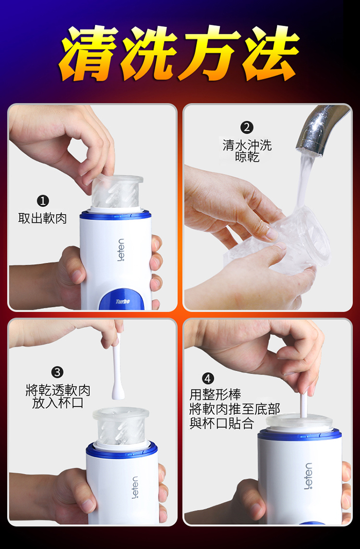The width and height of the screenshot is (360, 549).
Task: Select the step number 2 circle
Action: click(247, 127)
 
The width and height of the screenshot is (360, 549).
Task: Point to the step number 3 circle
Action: click(57, 372)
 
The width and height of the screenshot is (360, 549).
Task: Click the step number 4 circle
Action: click(208, 378)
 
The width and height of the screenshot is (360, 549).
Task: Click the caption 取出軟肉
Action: click(42, 219)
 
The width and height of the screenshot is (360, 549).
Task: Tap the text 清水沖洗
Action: click(247, 145)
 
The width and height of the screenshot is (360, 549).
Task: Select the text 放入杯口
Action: click(58, 402)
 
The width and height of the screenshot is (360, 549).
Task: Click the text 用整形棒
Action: click(215, 395)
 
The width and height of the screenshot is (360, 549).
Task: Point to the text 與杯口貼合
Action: click(222, 423)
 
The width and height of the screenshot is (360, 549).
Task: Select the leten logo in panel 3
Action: click(135, 487)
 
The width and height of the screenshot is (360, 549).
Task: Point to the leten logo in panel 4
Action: click(308, 476)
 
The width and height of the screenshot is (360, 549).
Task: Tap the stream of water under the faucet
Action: click(304, 182)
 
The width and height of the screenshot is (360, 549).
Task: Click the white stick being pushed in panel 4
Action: click(304, 405)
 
